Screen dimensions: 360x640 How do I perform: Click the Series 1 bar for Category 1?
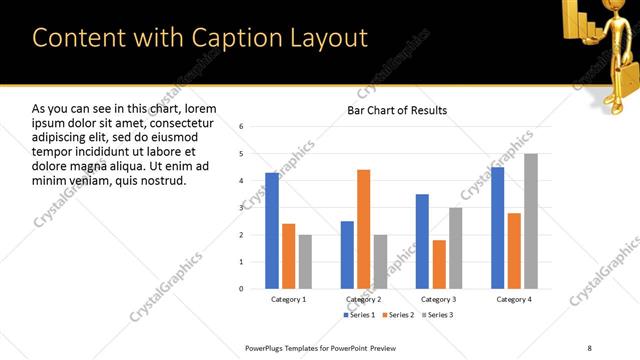tap(272, 230)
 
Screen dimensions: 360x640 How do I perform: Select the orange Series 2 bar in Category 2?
tap(363, 229)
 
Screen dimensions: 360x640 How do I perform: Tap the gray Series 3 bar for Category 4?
tap(531, 221)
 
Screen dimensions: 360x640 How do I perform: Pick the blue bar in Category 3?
tap(422, 241)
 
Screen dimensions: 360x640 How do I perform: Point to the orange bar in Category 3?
tap(439, 264)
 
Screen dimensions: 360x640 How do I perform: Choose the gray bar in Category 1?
tap(305, 261)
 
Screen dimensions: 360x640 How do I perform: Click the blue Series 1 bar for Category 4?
tap(498, 228)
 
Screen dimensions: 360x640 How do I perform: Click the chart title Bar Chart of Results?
tap(397, 110)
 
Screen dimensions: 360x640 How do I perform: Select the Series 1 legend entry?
tap(360, 315)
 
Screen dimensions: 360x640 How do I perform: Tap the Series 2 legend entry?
tap(397, 315)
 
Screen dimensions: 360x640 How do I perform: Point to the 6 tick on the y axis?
tap(241, 127)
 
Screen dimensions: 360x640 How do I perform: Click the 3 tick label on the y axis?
tap(241, 208)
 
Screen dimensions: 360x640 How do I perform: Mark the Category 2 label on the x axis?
tap(363, 299)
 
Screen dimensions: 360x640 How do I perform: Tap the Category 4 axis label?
tap(514, 299)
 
